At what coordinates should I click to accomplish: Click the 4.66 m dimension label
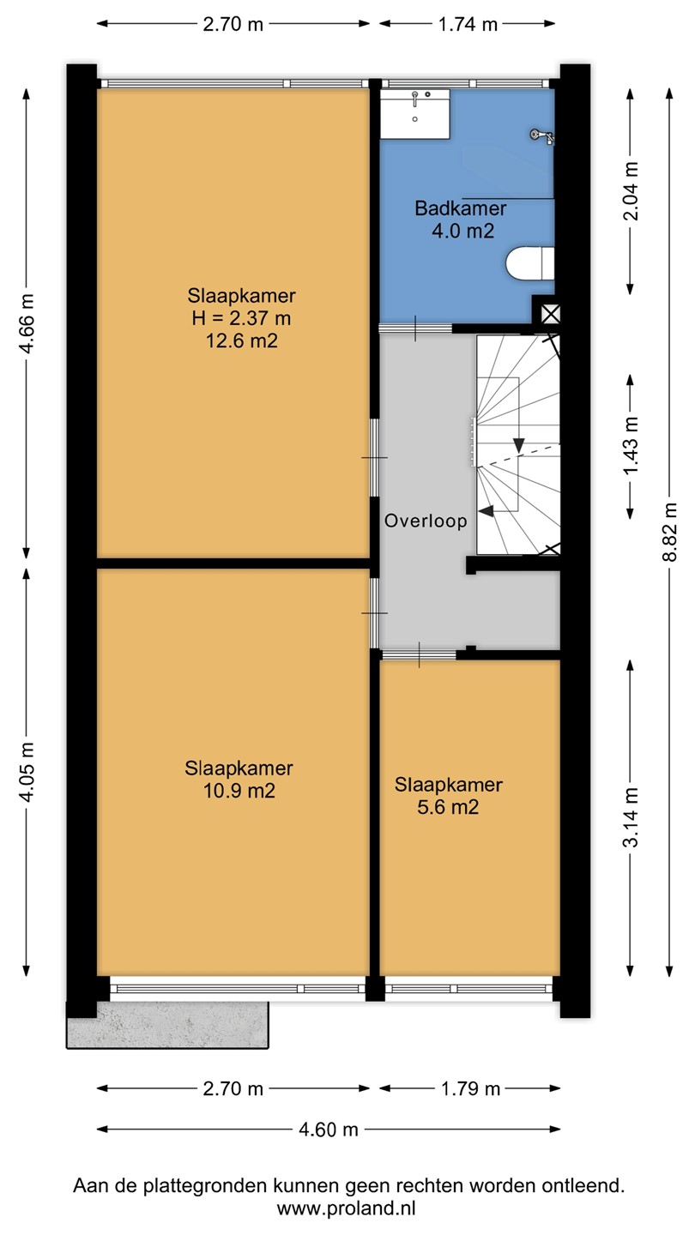coord(26,323)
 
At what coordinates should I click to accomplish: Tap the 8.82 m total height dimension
coord(669,532)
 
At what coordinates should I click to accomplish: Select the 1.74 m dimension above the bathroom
coord(468,24)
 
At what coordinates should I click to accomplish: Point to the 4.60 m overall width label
coord(329,1130)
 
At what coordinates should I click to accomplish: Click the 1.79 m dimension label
coord(470,1089)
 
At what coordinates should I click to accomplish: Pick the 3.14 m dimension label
coord(631,817)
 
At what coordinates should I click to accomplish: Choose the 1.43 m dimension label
coord(631,445)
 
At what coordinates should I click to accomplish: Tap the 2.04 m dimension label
coord(631,191)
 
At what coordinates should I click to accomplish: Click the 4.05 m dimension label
coord(26,772)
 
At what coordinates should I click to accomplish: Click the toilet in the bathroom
coord(530,263)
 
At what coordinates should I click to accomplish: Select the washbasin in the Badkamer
coord(414,113)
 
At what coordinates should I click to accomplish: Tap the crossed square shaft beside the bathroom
coord(550,315)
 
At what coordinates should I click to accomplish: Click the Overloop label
coord(426,521)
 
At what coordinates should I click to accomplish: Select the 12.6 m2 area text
coord(242,340)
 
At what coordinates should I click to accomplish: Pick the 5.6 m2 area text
coord(448,807)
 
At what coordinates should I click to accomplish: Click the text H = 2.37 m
coord(242,318)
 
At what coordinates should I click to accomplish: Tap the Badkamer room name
coord(461,208)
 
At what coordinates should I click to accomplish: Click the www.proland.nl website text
coord(347,1209)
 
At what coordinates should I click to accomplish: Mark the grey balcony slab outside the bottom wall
coord(167,1025)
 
